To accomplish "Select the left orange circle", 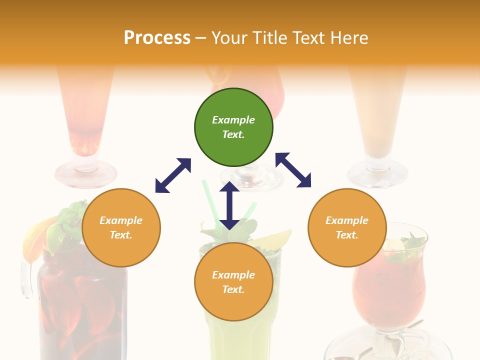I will (x=121, y=227).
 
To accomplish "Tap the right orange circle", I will (x=347, y=227).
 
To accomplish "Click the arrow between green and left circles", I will (x=173, y=175).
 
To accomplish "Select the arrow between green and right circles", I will (x=293, y=170).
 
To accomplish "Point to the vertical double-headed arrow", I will (x=229, y=205).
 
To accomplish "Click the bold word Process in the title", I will (x=157, y=38).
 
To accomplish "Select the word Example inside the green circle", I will (x=233, y=120).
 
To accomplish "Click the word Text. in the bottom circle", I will (x=233, y=289).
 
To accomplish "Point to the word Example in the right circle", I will (x=347, y=220).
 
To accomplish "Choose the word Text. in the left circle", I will (x=121, y=235).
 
